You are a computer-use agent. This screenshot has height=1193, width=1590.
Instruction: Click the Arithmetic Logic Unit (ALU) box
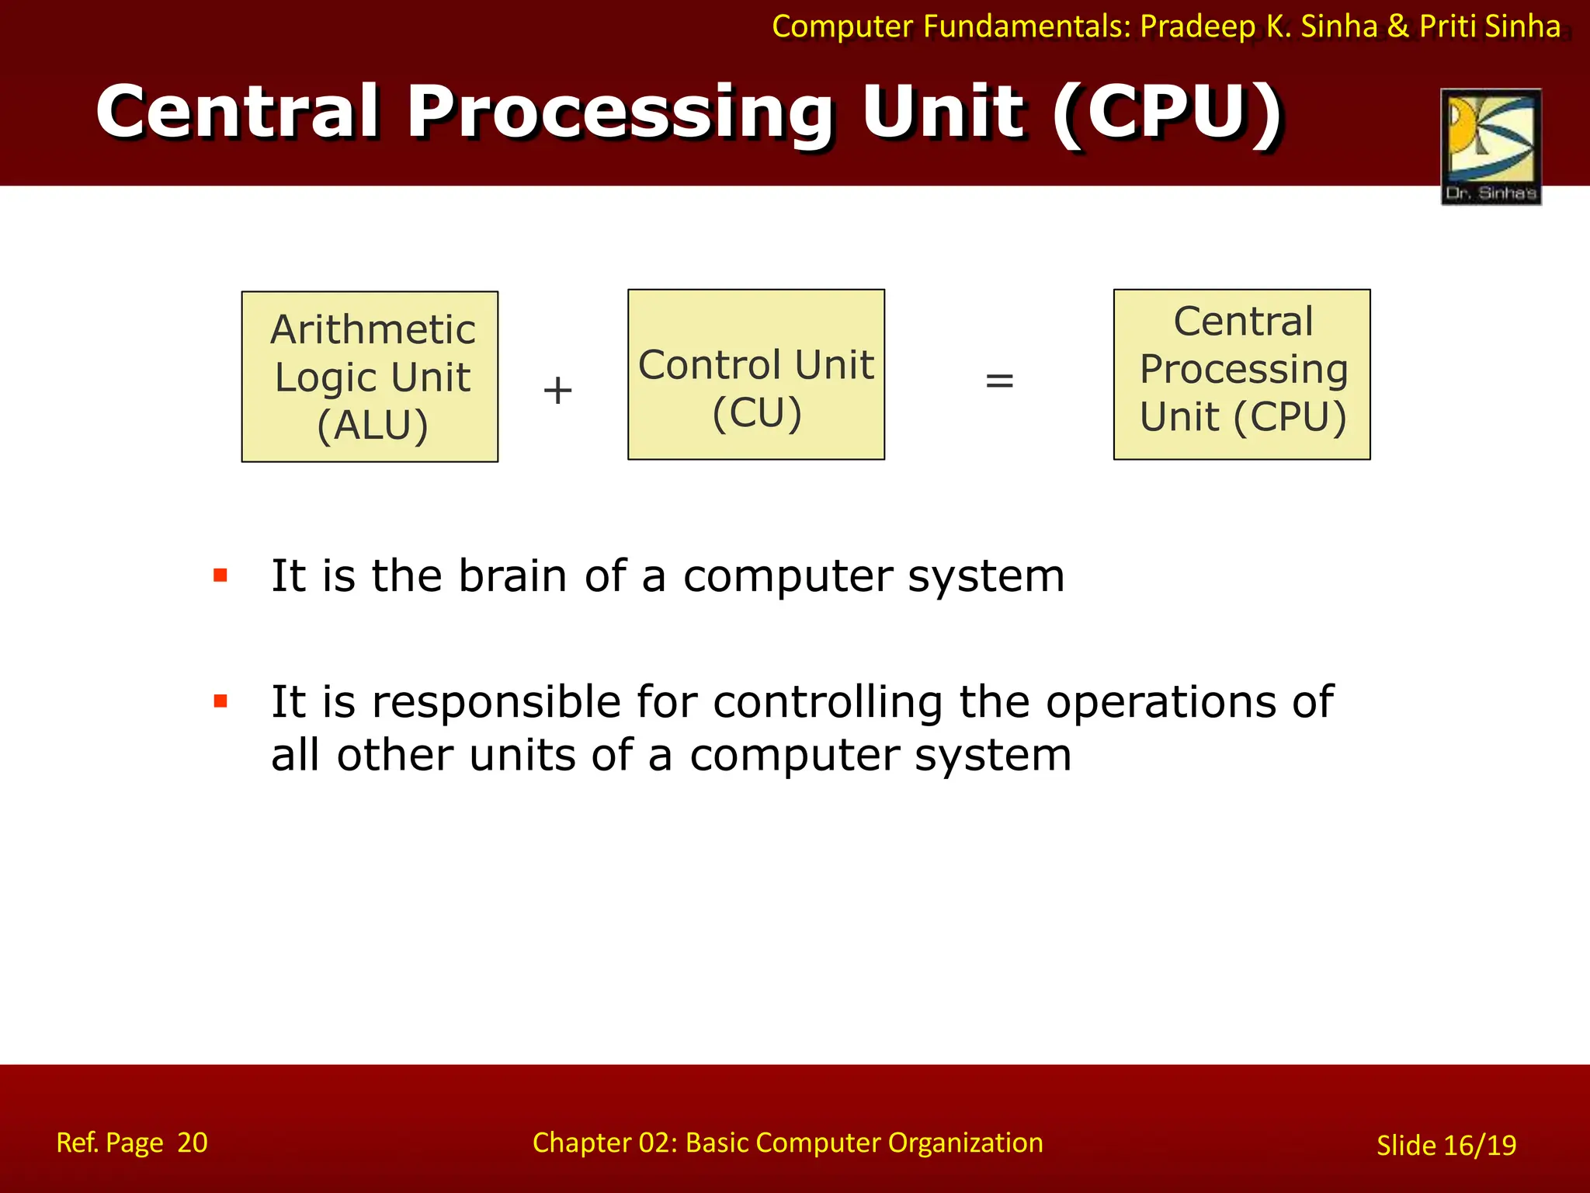370,377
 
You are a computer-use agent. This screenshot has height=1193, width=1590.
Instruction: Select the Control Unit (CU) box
755,374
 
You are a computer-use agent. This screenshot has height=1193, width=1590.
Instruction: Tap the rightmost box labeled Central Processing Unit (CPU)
1241,374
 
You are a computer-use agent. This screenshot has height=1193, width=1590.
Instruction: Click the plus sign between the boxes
557,390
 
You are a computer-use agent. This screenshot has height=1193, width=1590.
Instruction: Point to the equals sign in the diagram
999,381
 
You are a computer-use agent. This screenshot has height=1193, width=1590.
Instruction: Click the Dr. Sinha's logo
1491,146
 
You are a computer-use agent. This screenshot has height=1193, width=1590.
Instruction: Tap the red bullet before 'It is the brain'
220,576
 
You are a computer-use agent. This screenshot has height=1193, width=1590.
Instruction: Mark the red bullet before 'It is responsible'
220,701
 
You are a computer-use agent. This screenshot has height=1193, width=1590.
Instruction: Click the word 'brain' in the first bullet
512,576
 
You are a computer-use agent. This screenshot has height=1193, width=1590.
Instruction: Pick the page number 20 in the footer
193,1143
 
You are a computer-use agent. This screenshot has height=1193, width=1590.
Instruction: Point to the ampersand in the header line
1397,26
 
